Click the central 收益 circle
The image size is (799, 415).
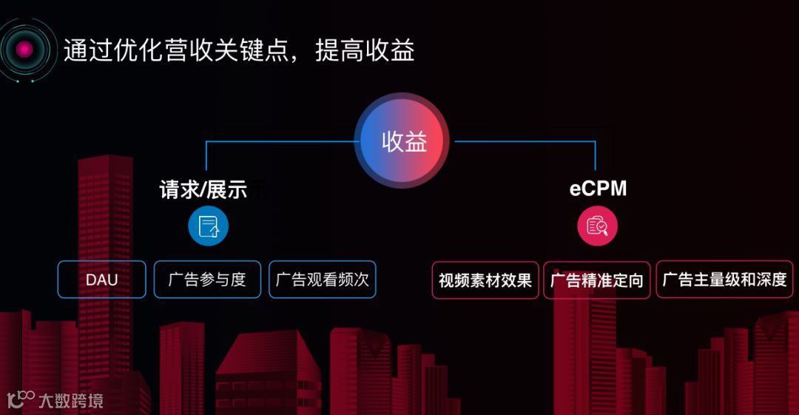pos(403,141)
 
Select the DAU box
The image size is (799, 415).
pos(101,280)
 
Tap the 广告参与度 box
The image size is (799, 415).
pos(207,280)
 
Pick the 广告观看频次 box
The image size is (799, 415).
pos(322,280)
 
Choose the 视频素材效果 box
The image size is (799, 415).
pos(485,280)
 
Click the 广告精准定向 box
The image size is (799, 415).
pos(597,280)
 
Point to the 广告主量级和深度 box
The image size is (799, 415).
pos(724,280)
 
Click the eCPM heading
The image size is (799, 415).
pos(598,189)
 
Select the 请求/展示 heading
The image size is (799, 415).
pos(203,189)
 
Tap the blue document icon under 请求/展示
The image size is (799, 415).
pos(208,226)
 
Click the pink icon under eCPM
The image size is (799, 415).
pos(597,226)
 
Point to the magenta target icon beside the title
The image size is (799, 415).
pos(25,50)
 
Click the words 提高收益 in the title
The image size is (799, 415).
pos(364,50)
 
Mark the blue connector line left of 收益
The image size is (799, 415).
pos(281,141)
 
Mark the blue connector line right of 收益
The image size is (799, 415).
pos(525,141)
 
